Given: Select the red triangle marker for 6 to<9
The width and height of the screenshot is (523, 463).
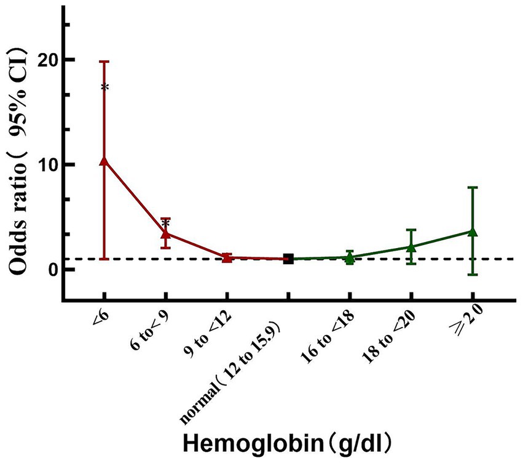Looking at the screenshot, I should [x=165, y=233].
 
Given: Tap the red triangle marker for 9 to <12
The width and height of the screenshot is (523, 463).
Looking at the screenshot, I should [x=227, y=257].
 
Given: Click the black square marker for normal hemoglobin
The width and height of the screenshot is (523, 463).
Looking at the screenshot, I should [x=288, y=259].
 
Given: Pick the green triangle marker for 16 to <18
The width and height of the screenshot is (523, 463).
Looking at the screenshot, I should [x=350, y=258].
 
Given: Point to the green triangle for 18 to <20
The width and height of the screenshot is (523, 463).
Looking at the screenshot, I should [x=411, y=247].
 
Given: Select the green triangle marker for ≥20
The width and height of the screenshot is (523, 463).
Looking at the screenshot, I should [x=473, y=231].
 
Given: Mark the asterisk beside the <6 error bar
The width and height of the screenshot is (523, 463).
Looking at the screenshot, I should [x=105, y=88].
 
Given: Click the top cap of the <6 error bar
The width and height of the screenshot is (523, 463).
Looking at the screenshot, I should [x=104, y=62].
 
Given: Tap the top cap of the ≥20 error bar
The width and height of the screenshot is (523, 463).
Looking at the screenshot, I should [x=473, y=188].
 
